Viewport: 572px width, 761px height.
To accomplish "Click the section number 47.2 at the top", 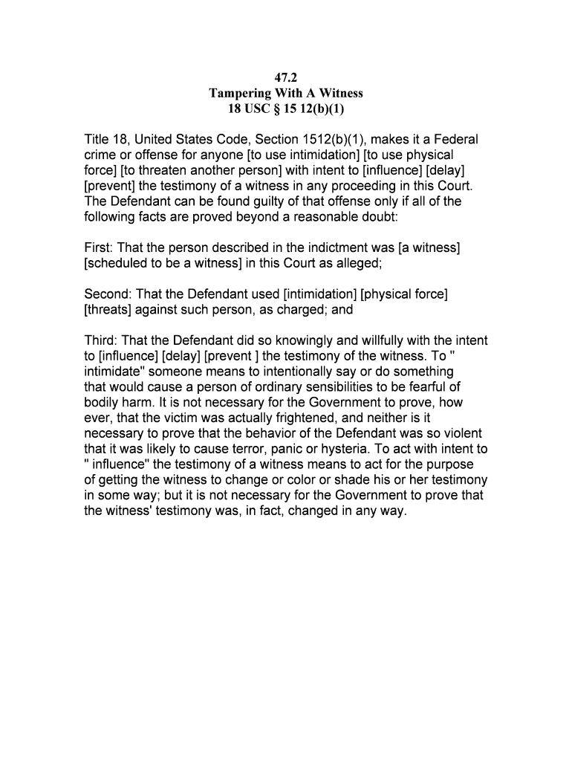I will (285, 77).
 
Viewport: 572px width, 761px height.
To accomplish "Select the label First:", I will (100, 247).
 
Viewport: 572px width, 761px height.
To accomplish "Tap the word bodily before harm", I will (103, 402).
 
